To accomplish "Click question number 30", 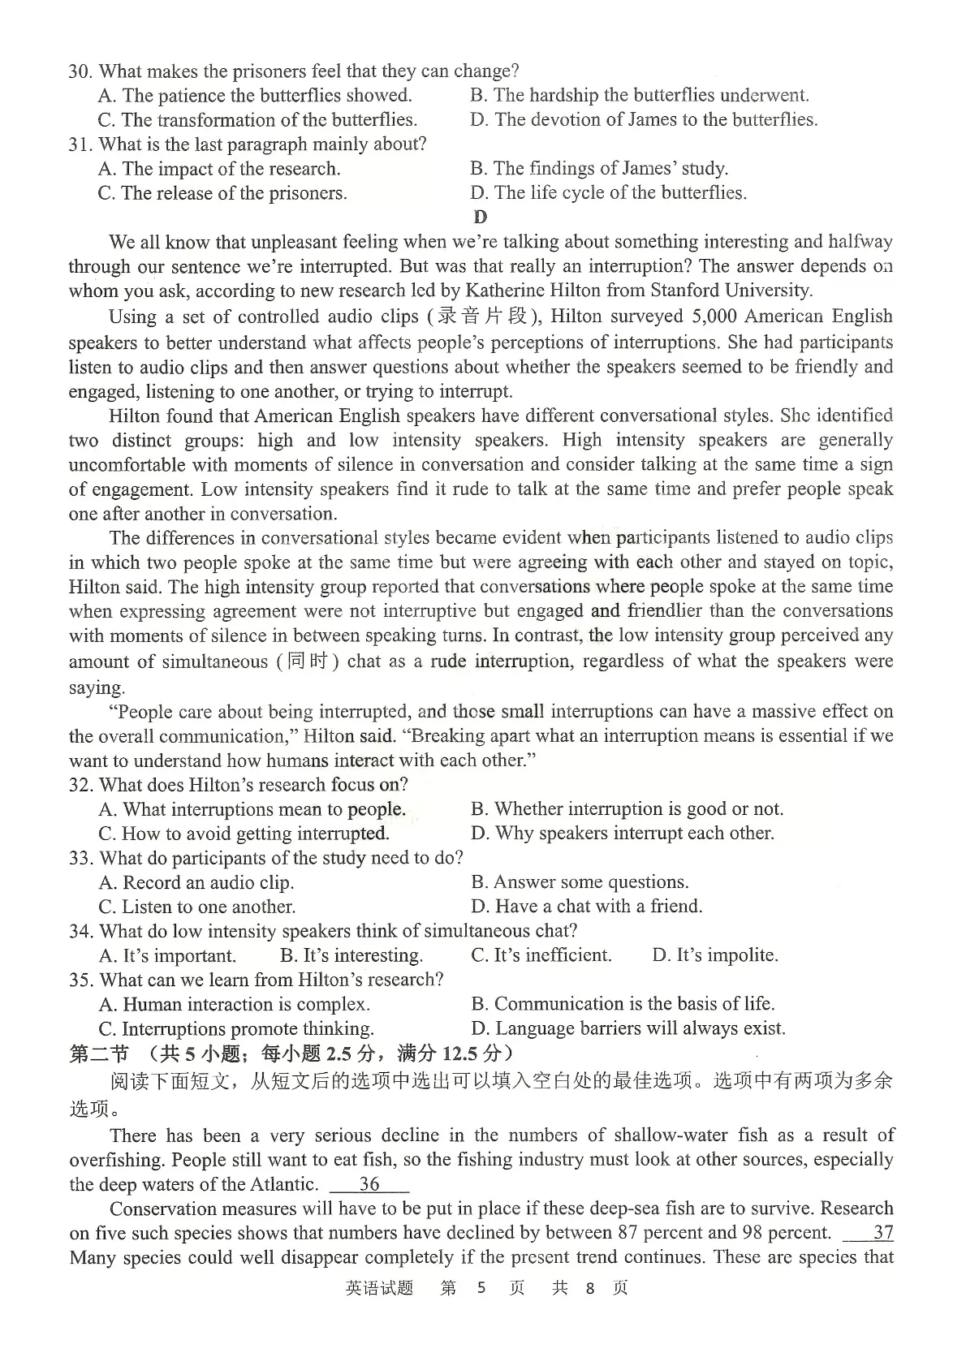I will coord(80,71).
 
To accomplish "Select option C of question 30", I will coord(257,120).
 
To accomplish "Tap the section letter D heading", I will coord(481,217).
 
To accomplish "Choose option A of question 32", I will coord(252,809).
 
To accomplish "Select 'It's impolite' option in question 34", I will coord(715,955).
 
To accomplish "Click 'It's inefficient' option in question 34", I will coord(541,955).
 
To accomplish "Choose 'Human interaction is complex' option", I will coord(235,1004).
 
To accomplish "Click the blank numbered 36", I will coord(370,1184).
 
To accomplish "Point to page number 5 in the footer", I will coord(481,1288).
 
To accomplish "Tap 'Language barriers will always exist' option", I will coord(628,1028).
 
